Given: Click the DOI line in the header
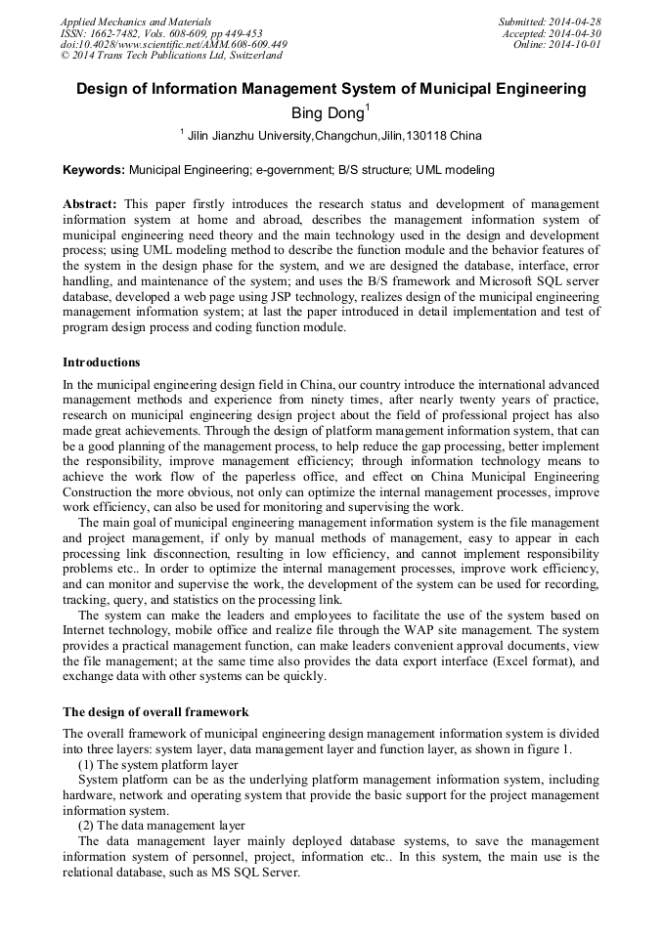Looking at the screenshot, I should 173,45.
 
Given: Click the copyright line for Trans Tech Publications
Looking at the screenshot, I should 171,56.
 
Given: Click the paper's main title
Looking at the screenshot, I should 331,89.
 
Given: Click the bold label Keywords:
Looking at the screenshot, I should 94,170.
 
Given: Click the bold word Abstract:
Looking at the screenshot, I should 90,204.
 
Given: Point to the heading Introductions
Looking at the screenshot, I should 101,362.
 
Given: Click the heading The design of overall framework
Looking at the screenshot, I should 155,712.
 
